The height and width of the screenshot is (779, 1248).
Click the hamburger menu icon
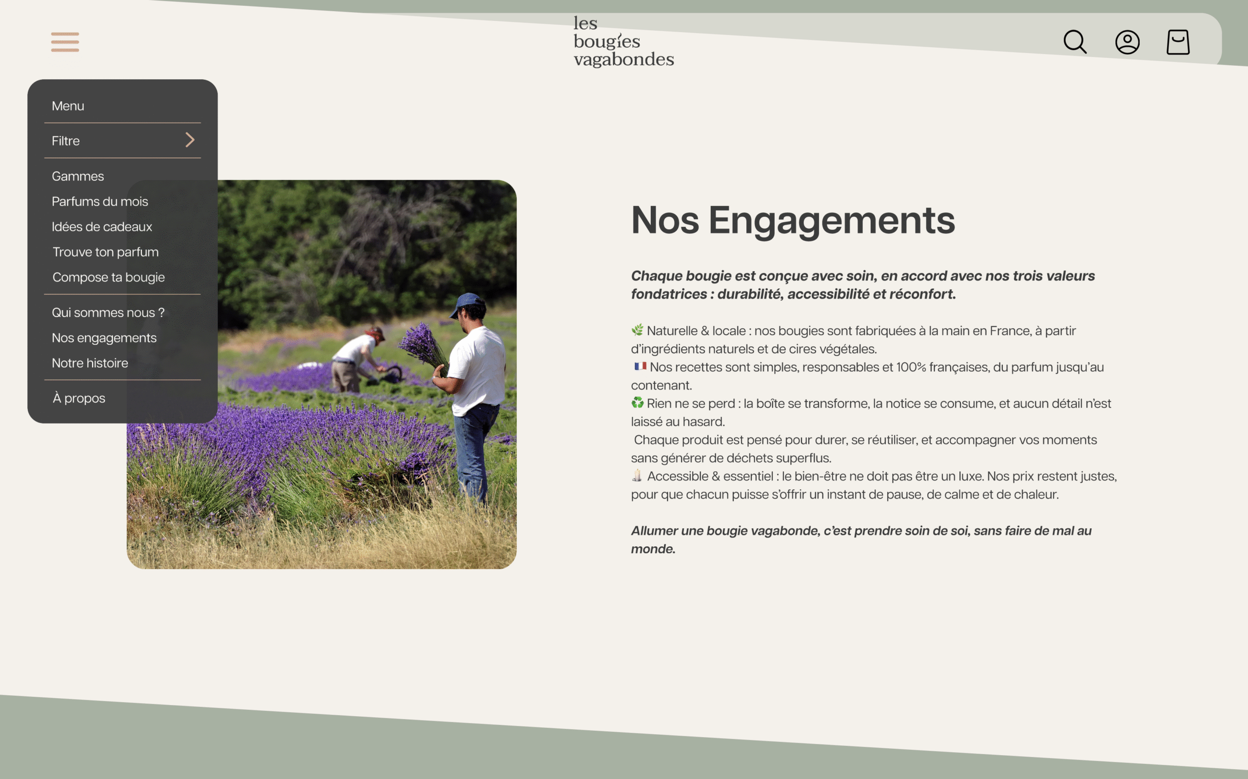click(x=65, y=42)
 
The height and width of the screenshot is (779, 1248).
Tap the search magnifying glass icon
click(x=1075, y=42)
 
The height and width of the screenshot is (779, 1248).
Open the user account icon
click(x=1127, y=42)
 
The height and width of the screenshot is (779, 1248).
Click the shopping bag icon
click(x=1178, y=42)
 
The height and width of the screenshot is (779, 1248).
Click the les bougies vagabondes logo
click(x=624, y=41)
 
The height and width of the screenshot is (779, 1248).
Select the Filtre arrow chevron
click(x=190, y=140)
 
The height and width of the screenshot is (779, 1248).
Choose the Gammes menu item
click(x=78, y=176)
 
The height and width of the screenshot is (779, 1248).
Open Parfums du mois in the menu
click(x=100, y=202)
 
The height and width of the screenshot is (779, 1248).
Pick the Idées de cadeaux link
click(x=102, y=227)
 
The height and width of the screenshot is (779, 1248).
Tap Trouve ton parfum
click(x=106, y=252)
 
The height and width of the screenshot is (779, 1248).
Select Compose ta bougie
click(x=109, y=277)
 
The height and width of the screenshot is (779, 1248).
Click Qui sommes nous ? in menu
click(x=108, y=313)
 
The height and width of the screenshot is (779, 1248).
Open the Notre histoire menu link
click(x=90, y=363)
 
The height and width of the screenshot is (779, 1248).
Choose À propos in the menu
click(x=79, y=398)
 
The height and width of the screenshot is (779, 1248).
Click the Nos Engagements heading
click(x=793, y=221)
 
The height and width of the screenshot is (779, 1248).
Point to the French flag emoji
click(x=641, y=366)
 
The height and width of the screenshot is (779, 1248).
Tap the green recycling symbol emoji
click(x=638, y=402)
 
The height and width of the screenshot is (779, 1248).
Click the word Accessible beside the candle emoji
click(x=678, y=477)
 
